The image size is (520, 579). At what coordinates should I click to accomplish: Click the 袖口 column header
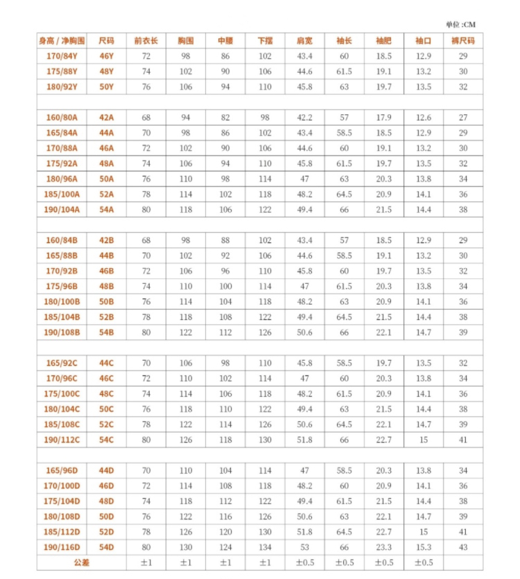423,41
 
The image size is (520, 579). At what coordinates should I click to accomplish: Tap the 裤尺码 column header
462,41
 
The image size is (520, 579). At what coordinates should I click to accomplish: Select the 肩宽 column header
304,41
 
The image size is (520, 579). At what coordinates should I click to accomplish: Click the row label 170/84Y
62,56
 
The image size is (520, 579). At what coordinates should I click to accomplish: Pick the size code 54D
106,547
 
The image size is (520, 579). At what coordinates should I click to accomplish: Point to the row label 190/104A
62,209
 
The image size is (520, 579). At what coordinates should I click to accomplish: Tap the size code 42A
106,118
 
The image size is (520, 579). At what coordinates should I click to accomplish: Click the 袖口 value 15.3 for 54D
423,547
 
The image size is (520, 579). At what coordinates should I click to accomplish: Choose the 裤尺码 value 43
462,547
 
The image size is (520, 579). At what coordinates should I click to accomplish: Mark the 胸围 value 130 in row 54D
185,547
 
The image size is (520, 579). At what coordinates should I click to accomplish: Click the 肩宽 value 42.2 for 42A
304,118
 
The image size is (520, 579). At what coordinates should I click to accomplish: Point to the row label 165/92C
62,363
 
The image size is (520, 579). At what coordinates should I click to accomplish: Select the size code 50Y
106,87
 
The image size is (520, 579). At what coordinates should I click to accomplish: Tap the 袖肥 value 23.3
383,547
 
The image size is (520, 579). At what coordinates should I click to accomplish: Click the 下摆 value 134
265,547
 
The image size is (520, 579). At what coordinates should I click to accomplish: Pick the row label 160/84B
62,240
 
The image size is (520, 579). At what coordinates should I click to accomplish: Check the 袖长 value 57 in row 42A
344,118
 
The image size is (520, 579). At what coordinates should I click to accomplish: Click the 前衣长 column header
146,41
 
